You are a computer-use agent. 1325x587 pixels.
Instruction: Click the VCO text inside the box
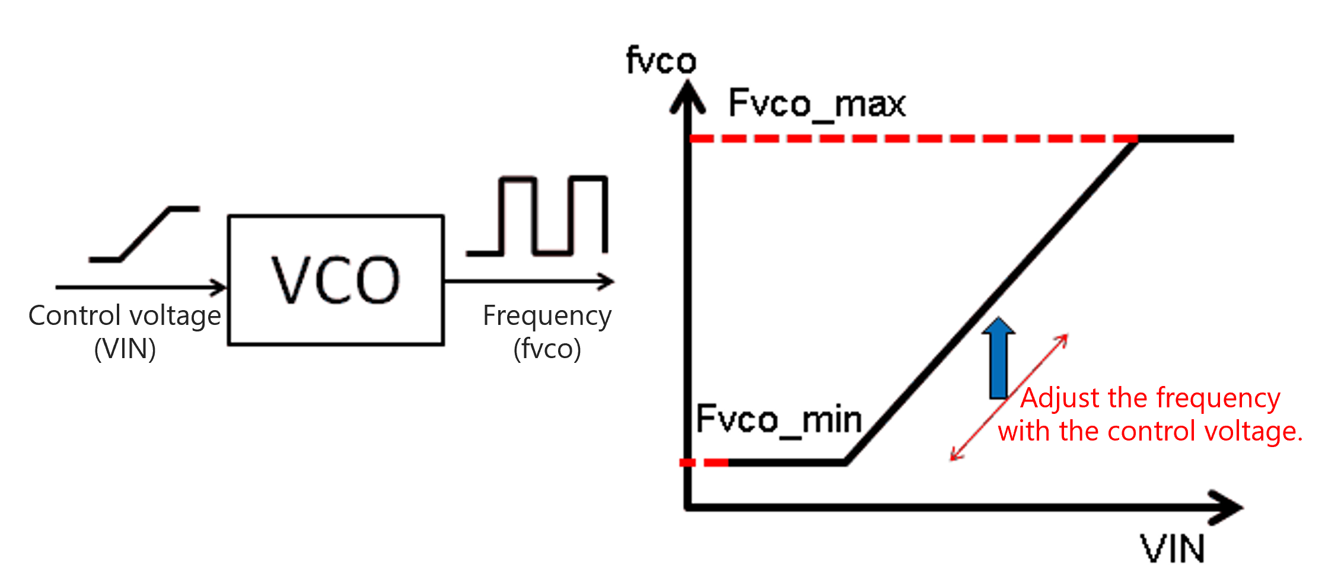coord(336,280)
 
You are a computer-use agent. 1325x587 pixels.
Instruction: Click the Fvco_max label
coord(817,104)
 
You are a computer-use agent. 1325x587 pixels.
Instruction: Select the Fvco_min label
coord(779,420)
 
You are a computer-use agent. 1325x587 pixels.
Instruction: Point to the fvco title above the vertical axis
coord(661,61)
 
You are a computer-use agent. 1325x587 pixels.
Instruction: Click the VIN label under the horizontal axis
coord(1173,549)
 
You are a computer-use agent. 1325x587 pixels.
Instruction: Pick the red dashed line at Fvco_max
coord(913,139)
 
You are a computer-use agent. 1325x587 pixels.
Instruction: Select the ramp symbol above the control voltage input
coord(144,234)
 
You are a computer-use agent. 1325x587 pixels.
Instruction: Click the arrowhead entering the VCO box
coord(219,288)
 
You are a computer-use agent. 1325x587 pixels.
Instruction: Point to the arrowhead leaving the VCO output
coord(606,282)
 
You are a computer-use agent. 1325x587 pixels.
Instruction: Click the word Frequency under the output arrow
coord(547,316)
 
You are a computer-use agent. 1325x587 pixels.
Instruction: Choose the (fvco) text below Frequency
coord(547,349)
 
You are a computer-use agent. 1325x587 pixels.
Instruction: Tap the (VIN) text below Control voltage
coord(125,349)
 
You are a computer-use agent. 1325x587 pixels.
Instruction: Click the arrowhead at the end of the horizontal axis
coord(1228,508)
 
